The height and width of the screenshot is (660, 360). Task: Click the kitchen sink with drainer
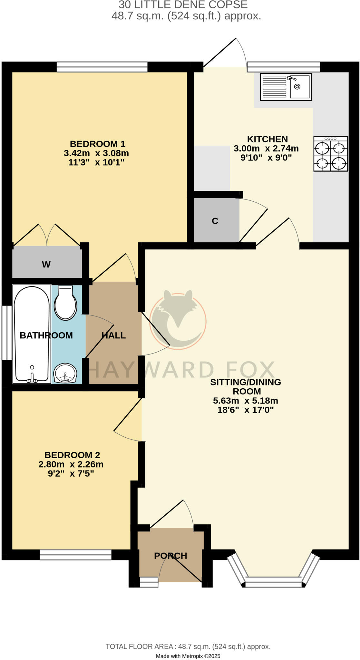(x=286, y=87)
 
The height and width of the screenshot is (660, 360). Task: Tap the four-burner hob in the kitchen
(x=331, y=154)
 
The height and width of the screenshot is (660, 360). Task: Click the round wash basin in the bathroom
(x=65, y=373)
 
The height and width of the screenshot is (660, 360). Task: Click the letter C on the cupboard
(x=215, y=221)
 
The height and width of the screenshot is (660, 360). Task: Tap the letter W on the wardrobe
(x=46, y=265)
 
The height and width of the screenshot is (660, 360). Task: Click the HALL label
(x=113, y=335)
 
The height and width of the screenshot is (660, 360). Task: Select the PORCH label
(x=170, y=556)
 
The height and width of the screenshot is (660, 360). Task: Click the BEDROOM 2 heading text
(x=72, y=455)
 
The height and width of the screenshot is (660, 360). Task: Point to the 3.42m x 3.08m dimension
(x=96, y=153)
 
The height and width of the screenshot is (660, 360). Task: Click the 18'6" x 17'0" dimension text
(x=246, y=410)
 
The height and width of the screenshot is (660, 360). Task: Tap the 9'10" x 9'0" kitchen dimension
(x=266, y=158)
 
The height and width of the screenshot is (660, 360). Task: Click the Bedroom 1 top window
(x=102, y=67)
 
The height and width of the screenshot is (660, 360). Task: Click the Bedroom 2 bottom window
(x=75, y=555)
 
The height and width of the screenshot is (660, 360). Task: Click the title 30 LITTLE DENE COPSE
(x=183, y=5)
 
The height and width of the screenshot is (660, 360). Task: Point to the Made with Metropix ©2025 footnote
(x=188, y=656)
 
